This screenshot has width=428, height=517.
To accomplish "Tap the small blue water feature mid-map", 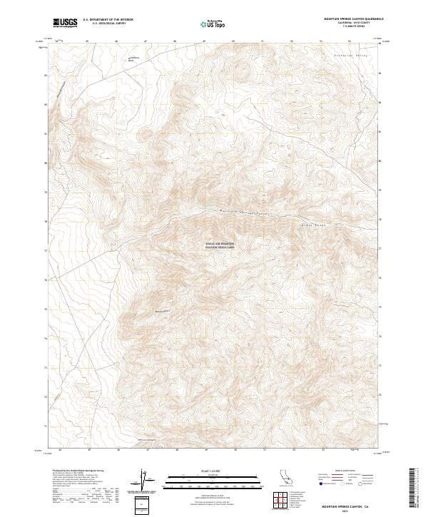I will tap(207, 208).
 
